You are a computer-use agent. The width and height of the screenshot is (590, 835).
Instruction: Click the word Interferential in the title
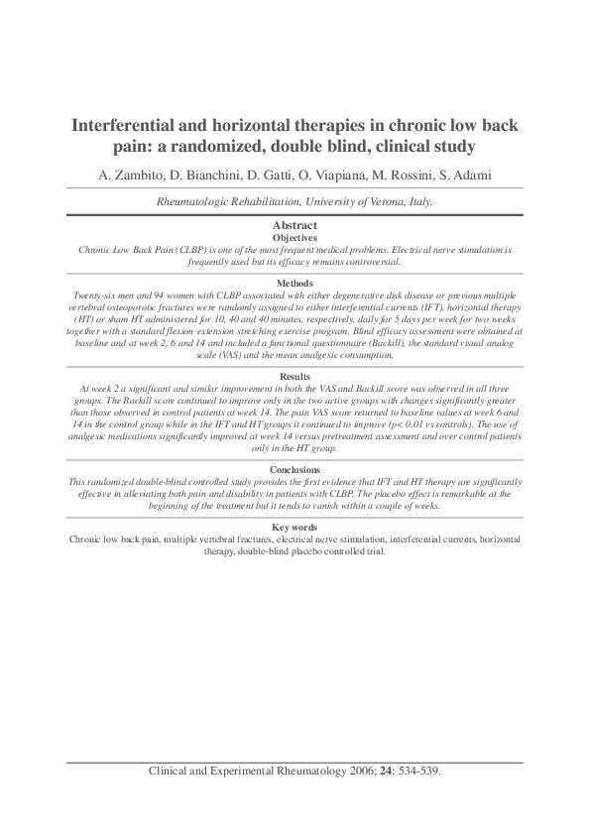[123, 127]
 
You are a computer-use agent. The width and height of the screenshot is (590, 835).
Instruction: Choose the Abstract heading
[295, 227]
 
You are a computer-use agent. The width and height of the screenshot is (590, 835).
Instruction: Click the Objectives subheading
[295, 239]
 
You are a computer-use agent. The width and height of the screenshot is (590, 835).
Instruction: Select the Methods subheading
[295, 283]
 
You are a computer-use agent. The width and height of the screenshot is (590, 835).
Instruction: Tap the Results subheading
[295, 377]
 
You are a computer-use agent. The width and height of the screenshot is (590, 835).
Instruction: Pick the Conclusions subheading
[295, 469]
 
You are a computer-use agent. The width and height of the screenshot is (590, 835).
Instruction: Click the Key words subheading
[295, 527]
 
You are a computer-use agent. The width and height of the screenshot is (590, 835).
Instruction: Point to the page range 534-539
[415, 771]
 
